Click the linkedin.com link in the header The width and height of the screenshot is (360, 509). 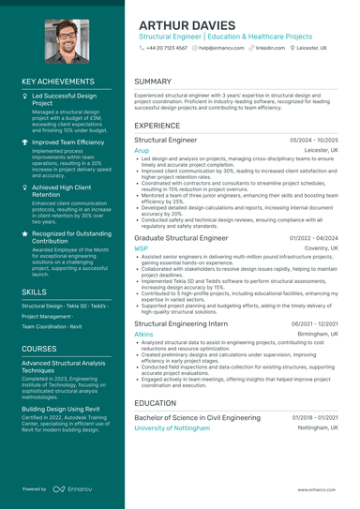270,46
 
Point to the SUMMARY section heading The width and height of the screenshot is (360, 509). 153,82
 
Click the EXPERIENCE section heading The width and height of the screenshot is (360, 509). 157,125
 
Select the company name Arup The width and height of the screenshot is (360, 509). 142,150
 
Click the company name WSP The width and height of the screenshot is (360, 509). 142,248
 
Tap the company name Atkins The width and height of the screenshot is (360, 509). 143,334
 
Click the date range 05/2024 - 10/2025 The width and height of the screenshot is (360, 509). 314,140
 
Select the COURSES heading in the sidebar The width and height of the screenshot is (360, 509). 39,348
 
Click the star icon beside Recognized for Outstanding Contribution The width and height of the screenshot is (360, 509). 25,233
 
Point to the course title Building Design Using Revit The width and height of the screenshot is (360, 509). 62,410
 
